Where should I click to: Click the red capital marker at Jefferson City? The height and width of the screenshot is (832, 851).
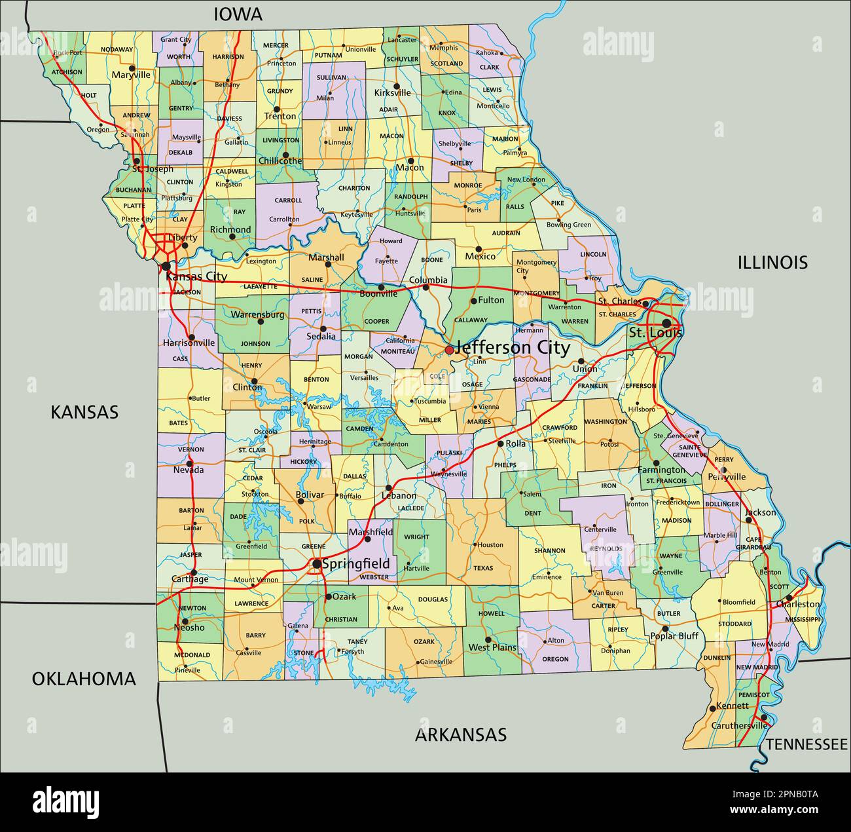(x=449, y=350)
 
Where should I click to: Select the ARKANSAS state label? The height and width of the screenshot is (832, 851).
(x=461, y=734)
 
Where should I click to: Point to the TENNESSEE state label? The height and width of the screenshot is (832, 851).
(x=806, y=744)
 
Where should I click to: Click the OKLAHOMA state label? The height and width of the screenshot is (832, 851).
(x=84, y=679)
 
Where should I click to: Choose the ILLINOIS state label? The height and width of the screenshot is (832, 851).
(x=772, y=263)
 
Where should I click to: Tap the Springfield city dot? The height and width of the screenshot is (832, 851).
(x=317, y=563)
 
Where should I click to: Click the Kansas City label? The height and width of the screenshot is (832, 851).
(x=196, y=276)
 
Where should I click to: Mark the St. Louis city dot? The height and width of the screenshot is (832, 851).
(x=666, y=323)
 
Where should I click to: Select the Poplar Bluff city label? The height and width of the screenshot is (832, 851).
(x=674, y=635)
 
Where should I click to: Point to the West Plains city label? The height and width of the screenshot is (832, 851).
(x=492, y=647)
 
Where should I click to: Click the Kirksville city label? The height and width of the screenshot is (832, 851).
(x=393, y=93)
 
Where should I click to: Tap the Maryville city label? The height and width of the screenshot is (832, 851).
(x=131, y=75)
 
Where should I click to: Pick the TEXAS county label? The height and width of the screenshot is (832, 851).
(x=483, y=568)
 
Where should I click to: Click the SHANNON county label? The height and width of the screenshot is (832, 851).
(x=549, y=551)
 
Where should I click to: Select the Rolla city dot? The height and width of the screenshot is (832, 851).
(x=500, y=444)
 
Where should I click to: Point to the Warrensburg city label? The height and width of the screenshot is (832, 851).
(x=257, y=314)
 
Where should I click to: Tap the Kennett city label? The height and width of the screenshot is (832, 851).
(x=733, y=706)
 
